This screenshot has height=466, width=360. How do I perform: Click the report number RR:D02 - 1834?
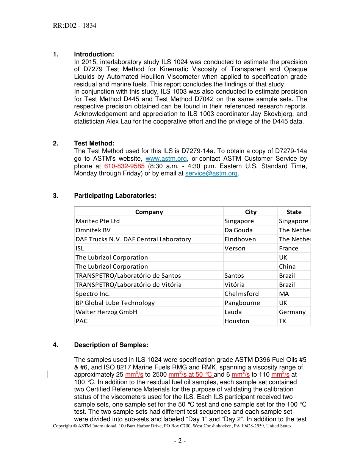[75, 26]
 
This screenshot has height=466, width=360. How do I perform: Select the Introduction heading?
[94, 55]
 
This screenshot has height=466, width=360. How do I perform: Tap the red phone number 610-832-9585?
[124, 166]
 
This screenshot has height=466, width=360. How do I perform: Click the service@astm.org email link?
[211, 174]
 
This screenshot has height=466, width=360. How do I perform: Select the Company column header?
[149, 212]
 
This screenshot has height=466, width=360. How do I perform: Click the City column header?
[250, 212]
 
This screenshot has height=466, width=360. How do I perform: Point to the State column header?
[294, 212]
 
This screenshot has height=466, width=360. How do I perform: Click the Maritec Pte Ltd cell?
[98, 221]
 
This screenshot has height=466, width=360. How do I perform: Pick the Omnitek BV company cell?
[93, 230]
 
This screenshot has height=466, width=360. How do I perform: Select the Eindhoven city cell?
[240, 239]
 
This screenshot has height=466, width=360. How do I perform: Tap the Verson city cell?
[235, 249]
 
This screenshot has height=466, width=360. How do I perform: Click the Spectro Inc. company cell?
[92, 294]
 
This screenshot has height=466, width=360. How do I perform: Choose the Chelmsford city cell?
[241, 294]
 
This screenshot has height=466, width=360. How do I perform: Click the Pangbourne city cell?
[242, 303]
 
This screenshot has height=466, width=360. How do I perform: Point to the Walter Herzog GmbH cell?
[106, 312]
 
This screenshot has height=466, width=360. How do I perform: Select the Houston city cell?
[237, 321]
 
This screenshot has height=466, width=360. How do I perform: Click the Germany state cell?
[292, 312]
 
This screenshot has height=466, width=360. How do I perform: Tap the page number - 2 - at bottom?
[180, 441]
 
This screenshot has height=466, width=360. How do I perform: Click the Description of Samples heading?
[111, 345]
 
